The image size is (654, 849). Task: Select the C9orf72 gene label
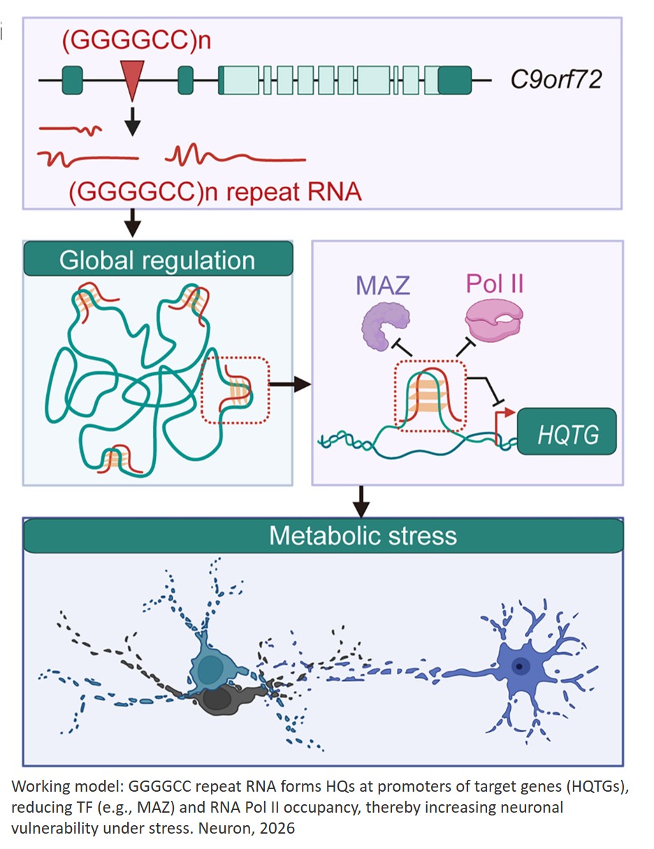click(x=556, y=81)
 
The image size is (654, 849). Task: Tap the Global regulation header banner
click(x=157, y=260)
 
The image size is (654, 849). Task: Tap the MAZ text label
click(x=384, y=286)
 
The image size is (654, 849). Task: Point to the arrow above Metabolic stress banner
click(x=361, y=500)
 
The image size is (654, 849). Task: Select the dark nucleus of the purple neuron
click(x=518, y=665)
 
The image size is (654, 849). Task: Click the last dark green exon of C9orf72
click(x=455, y=81)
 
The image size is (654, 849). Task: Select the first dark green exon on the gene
click(x=72, y=80)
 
